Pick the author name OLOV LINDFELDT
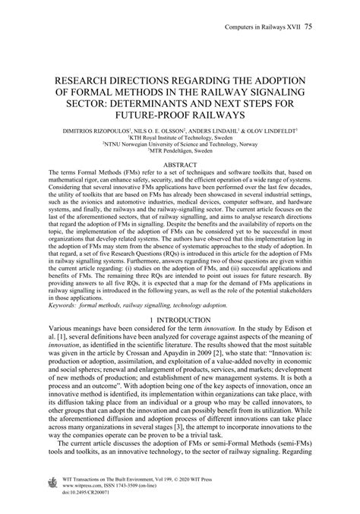coord(273,130)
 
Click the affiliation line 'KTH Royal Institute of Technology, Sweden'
coord(180,137)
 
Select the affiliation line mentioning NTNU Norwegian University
coord(180,145)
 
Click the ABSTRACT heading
coord(179,164)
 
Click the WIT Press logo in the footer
coord(52,483)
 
